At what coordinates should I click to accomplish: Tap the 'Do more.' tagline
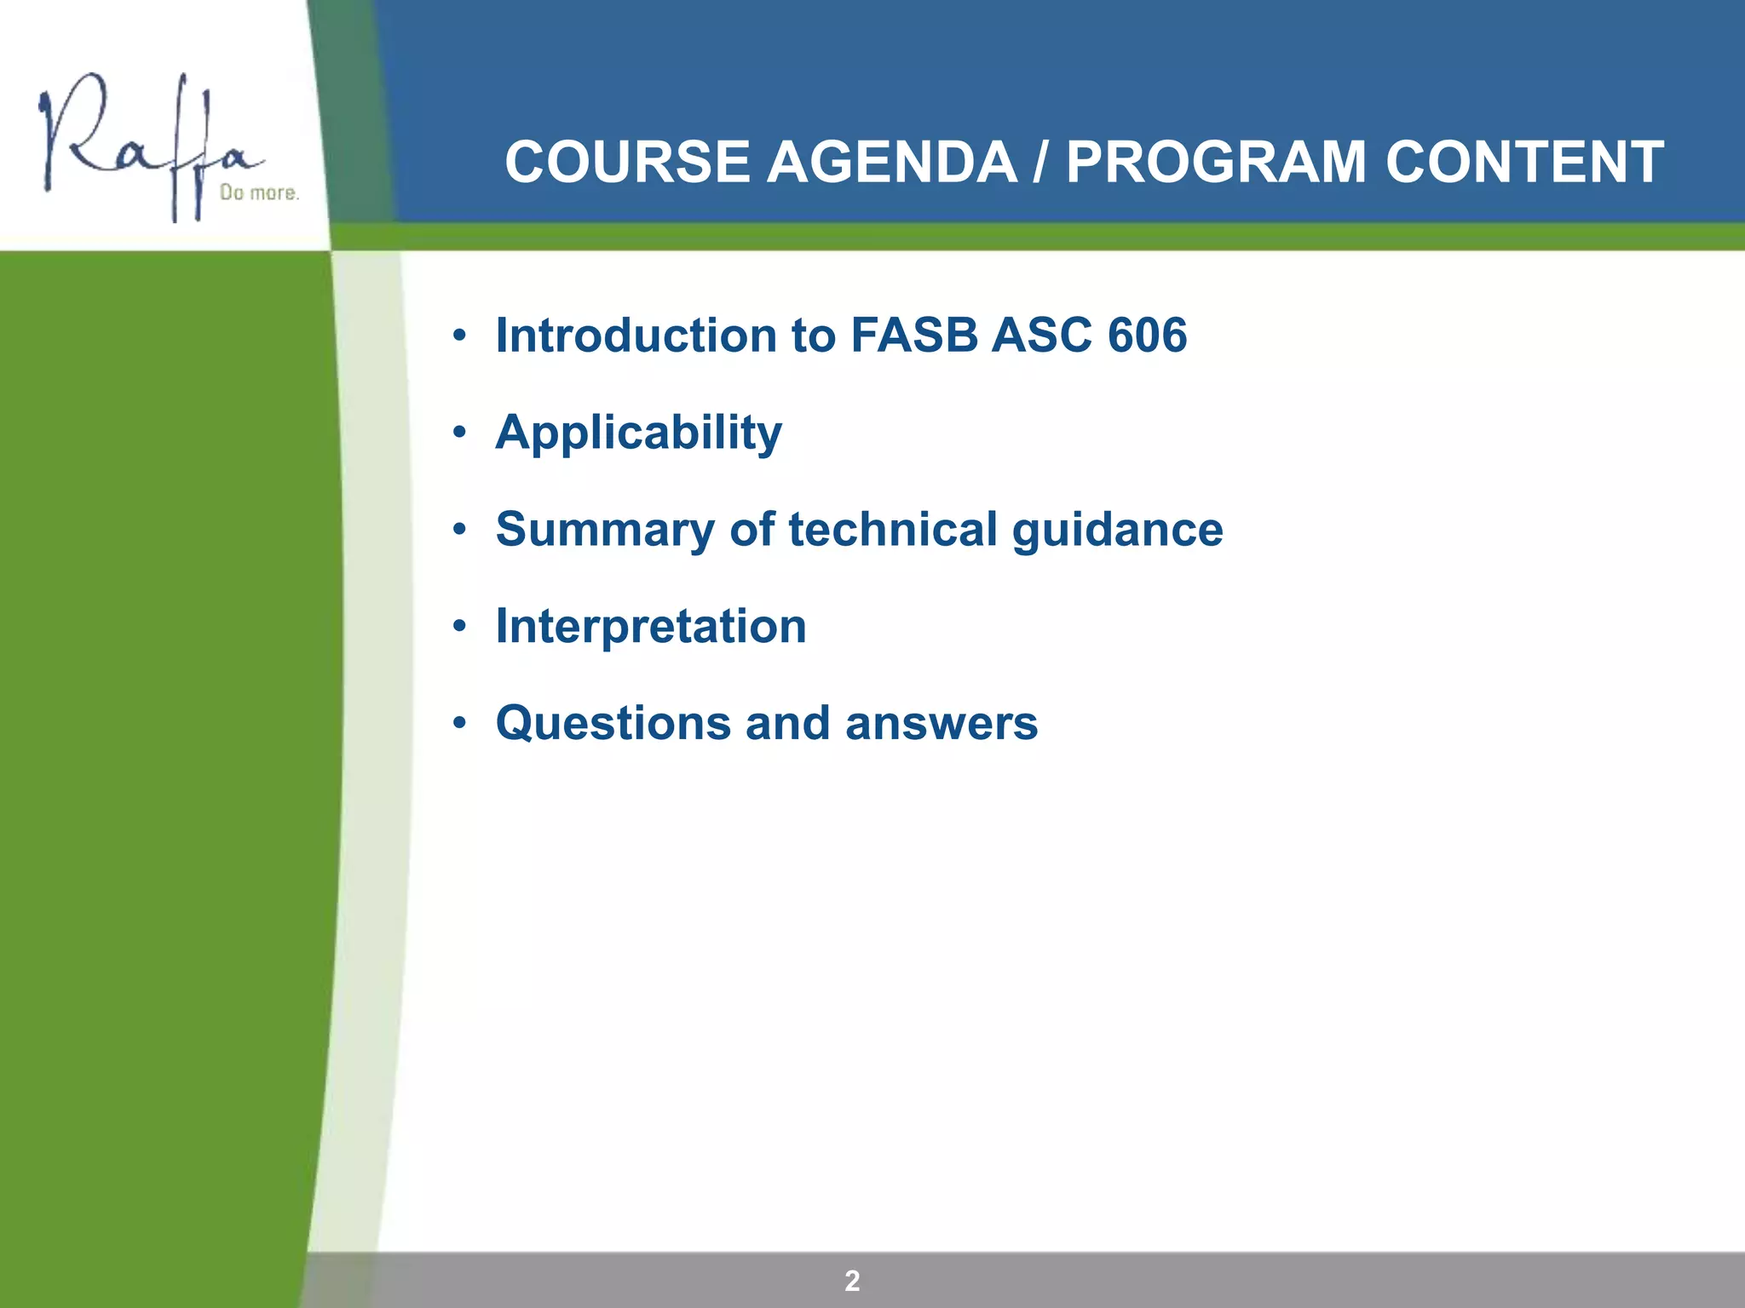point(259,193)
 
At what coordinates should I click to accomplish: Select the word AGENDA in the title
point(891,162)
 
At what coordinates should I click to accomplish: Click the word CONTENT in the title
point(1524,162)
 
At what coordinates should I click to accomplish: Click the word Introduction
point(636,335)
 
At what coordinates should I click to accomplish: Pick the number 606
point(1147,335)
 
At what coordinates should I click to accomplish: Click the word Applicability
point(638,433)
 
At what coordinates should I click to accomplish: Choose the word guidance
point(1117,531)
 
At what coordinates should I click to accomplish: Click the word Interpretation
point(651,627)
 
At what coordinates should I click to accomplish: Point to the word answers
point(941,724)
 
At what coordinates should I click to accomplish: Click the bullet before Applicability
point(460,433)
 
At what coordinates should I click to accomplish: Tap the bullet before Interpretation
point(460,628)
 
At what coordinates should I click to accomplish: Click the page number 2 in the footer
point(852,1281)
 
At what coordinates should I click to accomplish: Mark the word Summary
point(605,531)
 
